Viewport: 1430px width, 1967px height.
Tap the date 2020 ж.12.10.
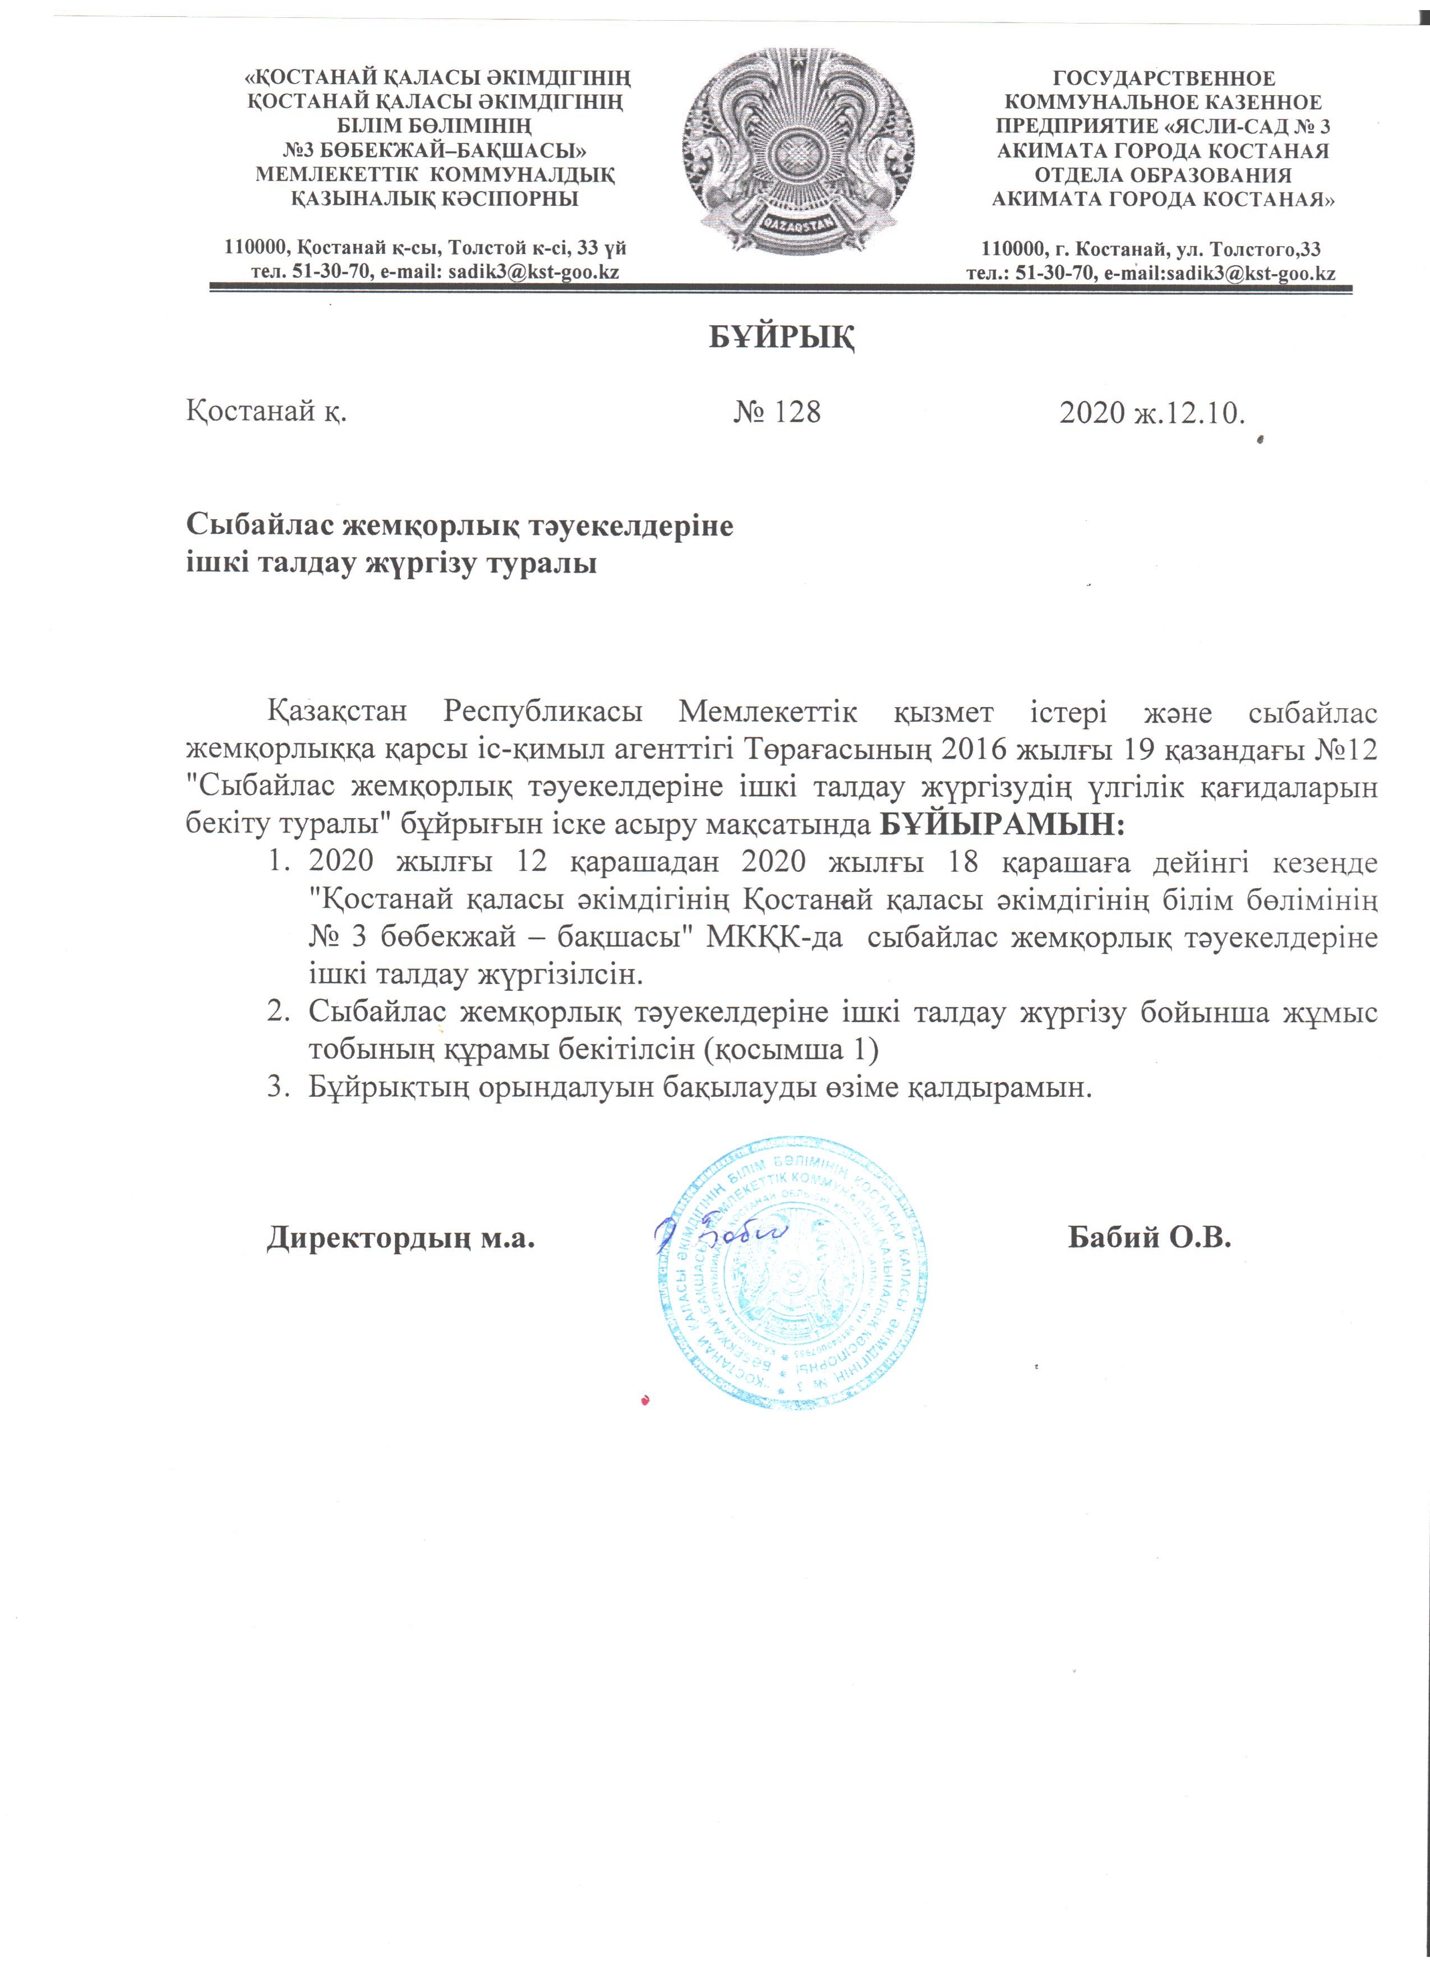(x=1152, y=413)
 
